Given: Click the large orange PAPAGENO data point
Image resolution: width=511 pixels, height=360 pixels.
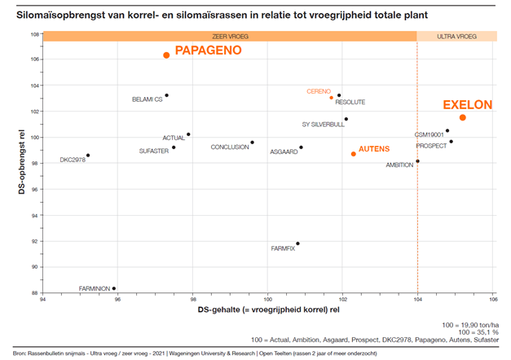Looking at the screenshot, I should [x=166, y=55].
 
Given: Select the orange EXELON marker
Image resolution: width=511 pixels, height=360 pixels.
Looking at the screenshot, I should [x=463, y=117].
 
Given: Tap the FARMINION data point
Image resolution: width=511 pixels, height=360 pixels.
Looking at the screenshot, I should [x=114, y=288].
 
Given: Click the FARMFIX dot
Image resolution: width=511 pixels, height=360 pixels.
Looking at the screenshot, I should [x=297, y=244].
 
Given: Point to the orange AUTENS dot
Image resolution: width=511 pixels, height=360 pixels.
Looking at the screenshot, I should [x=354, y=153].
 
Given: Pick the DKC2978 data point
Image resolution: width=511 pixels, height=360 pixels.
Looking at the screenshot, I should [x=88, y=155].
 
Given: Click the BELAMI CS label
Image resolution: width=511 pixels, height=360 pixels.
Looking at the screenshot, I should [x=147, y=99].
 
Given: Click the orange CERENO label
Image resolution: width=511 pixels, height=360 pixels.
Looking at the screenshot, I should [x=319, y=91].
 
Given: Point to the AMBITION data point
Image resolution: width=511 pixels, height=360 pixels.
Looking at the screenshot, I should [x=417, y=161].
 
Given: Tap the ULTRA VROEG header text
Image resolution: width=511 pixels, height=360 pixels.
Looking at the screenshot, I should [x=456, y=37].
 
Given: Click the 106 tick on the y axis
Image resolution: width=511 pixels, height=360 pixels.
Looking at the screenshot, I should [x=35, y=59].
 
